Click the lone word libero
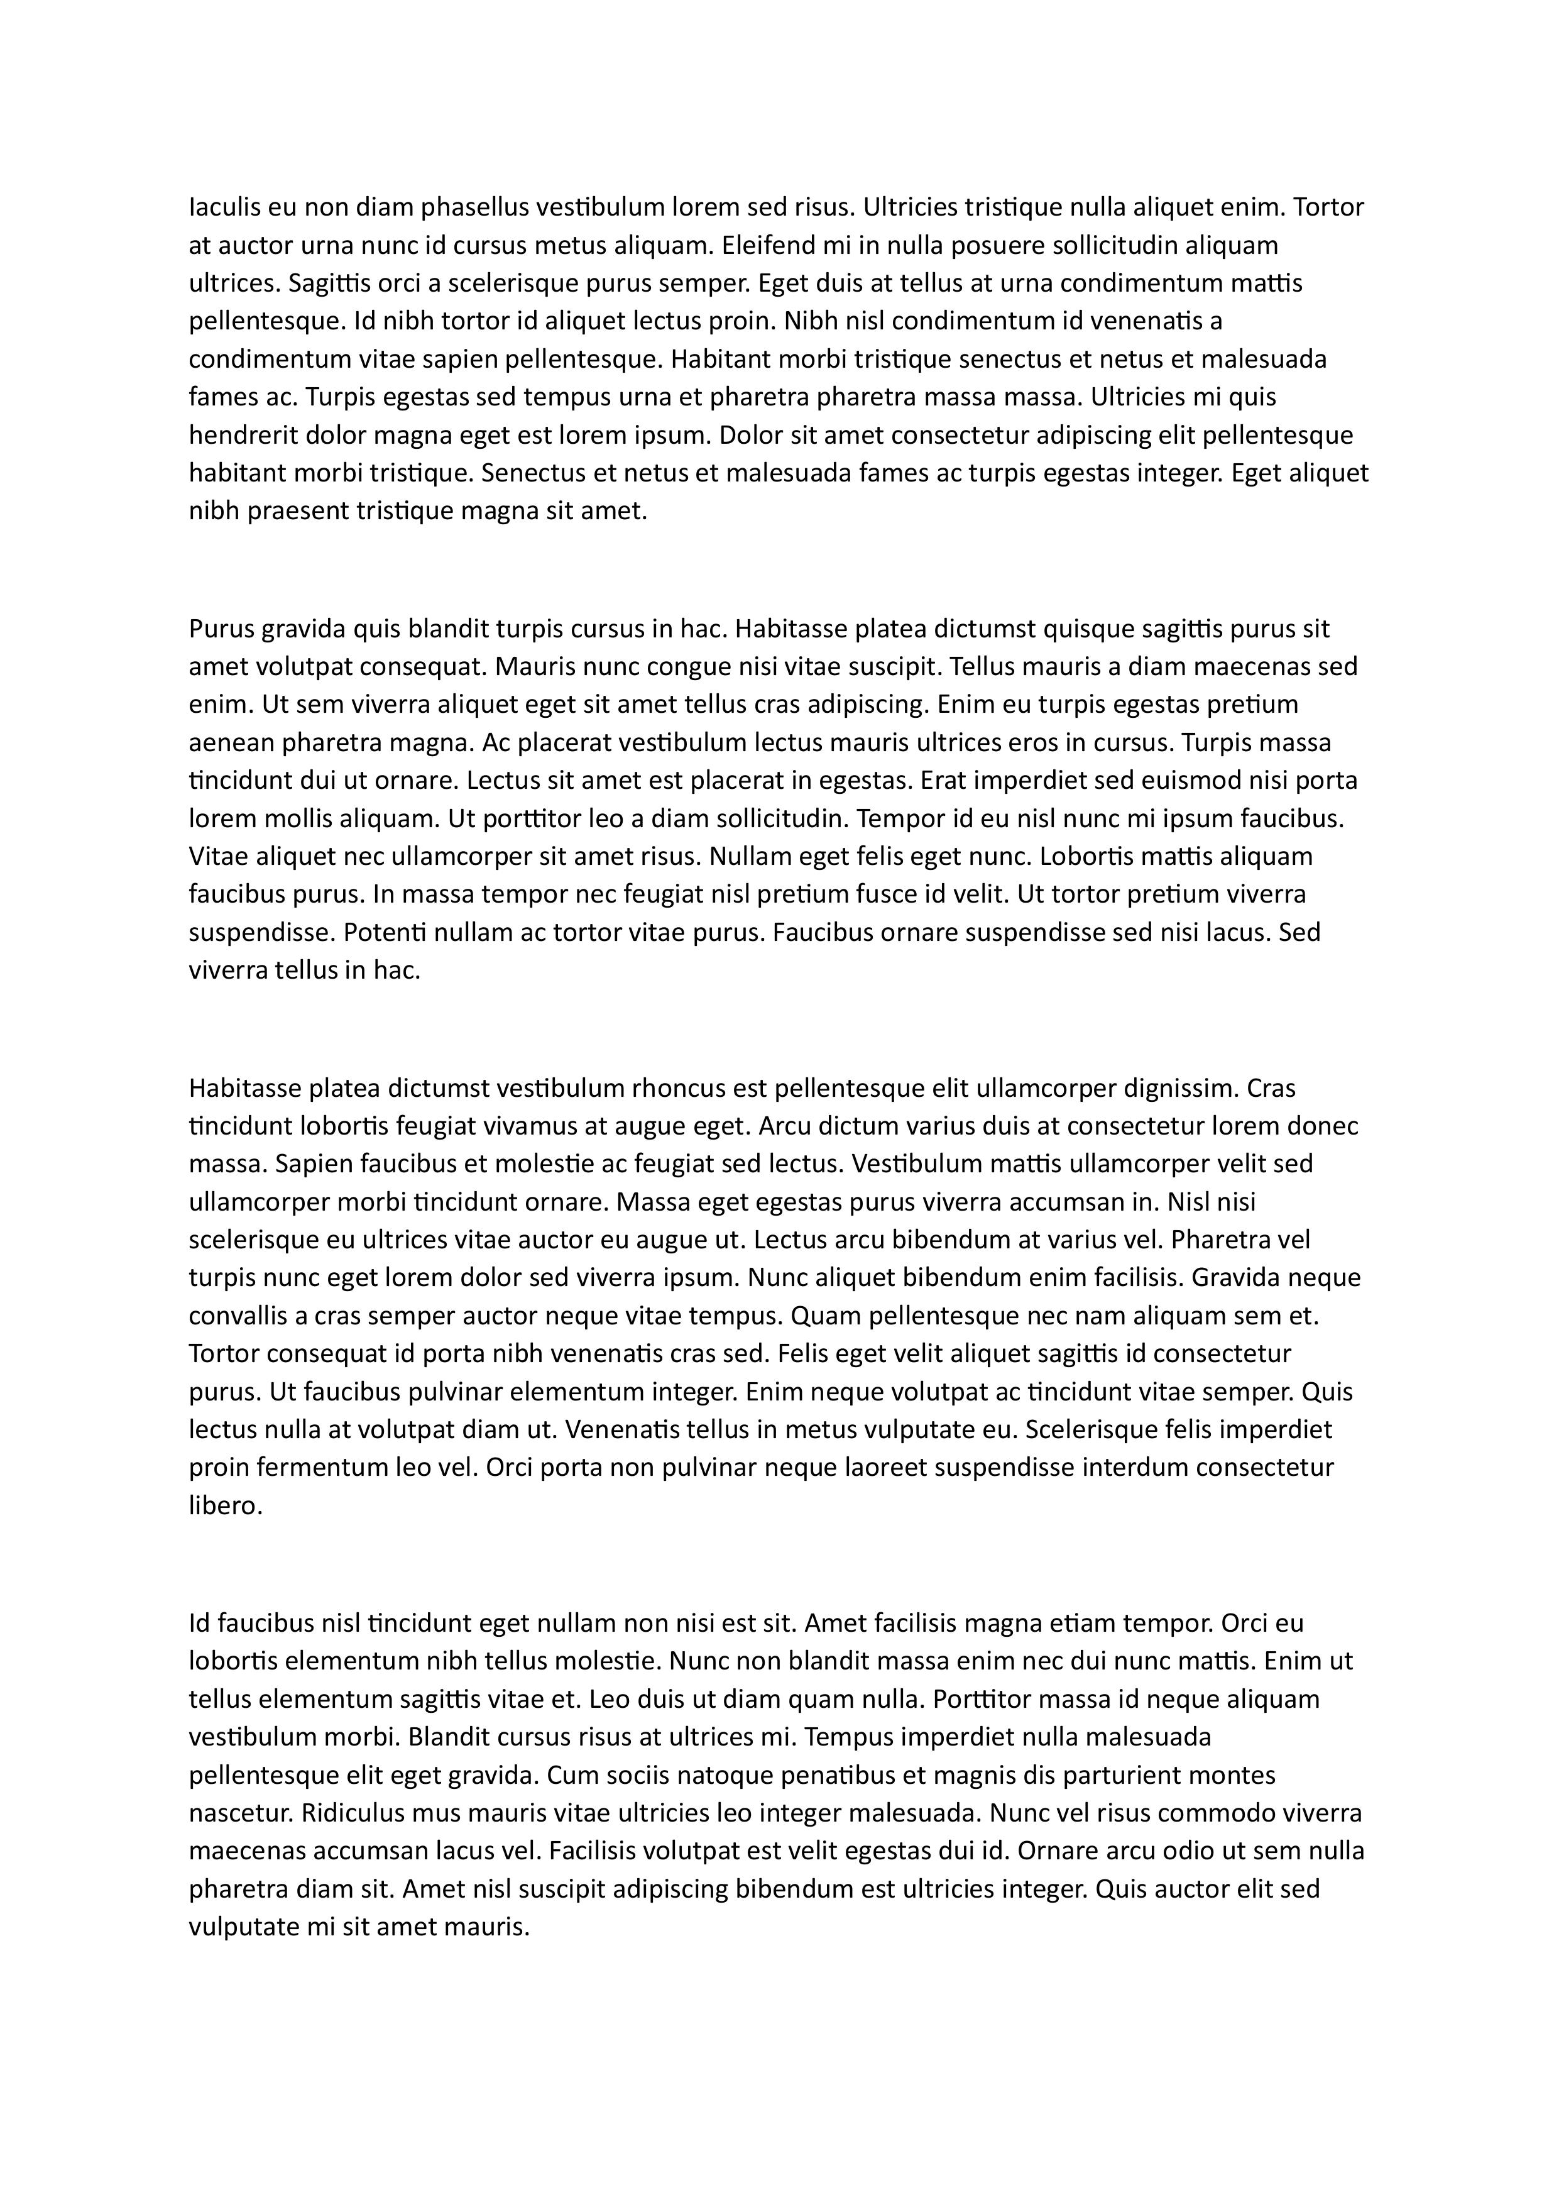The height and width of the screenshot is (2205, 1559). [224, 1507]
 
